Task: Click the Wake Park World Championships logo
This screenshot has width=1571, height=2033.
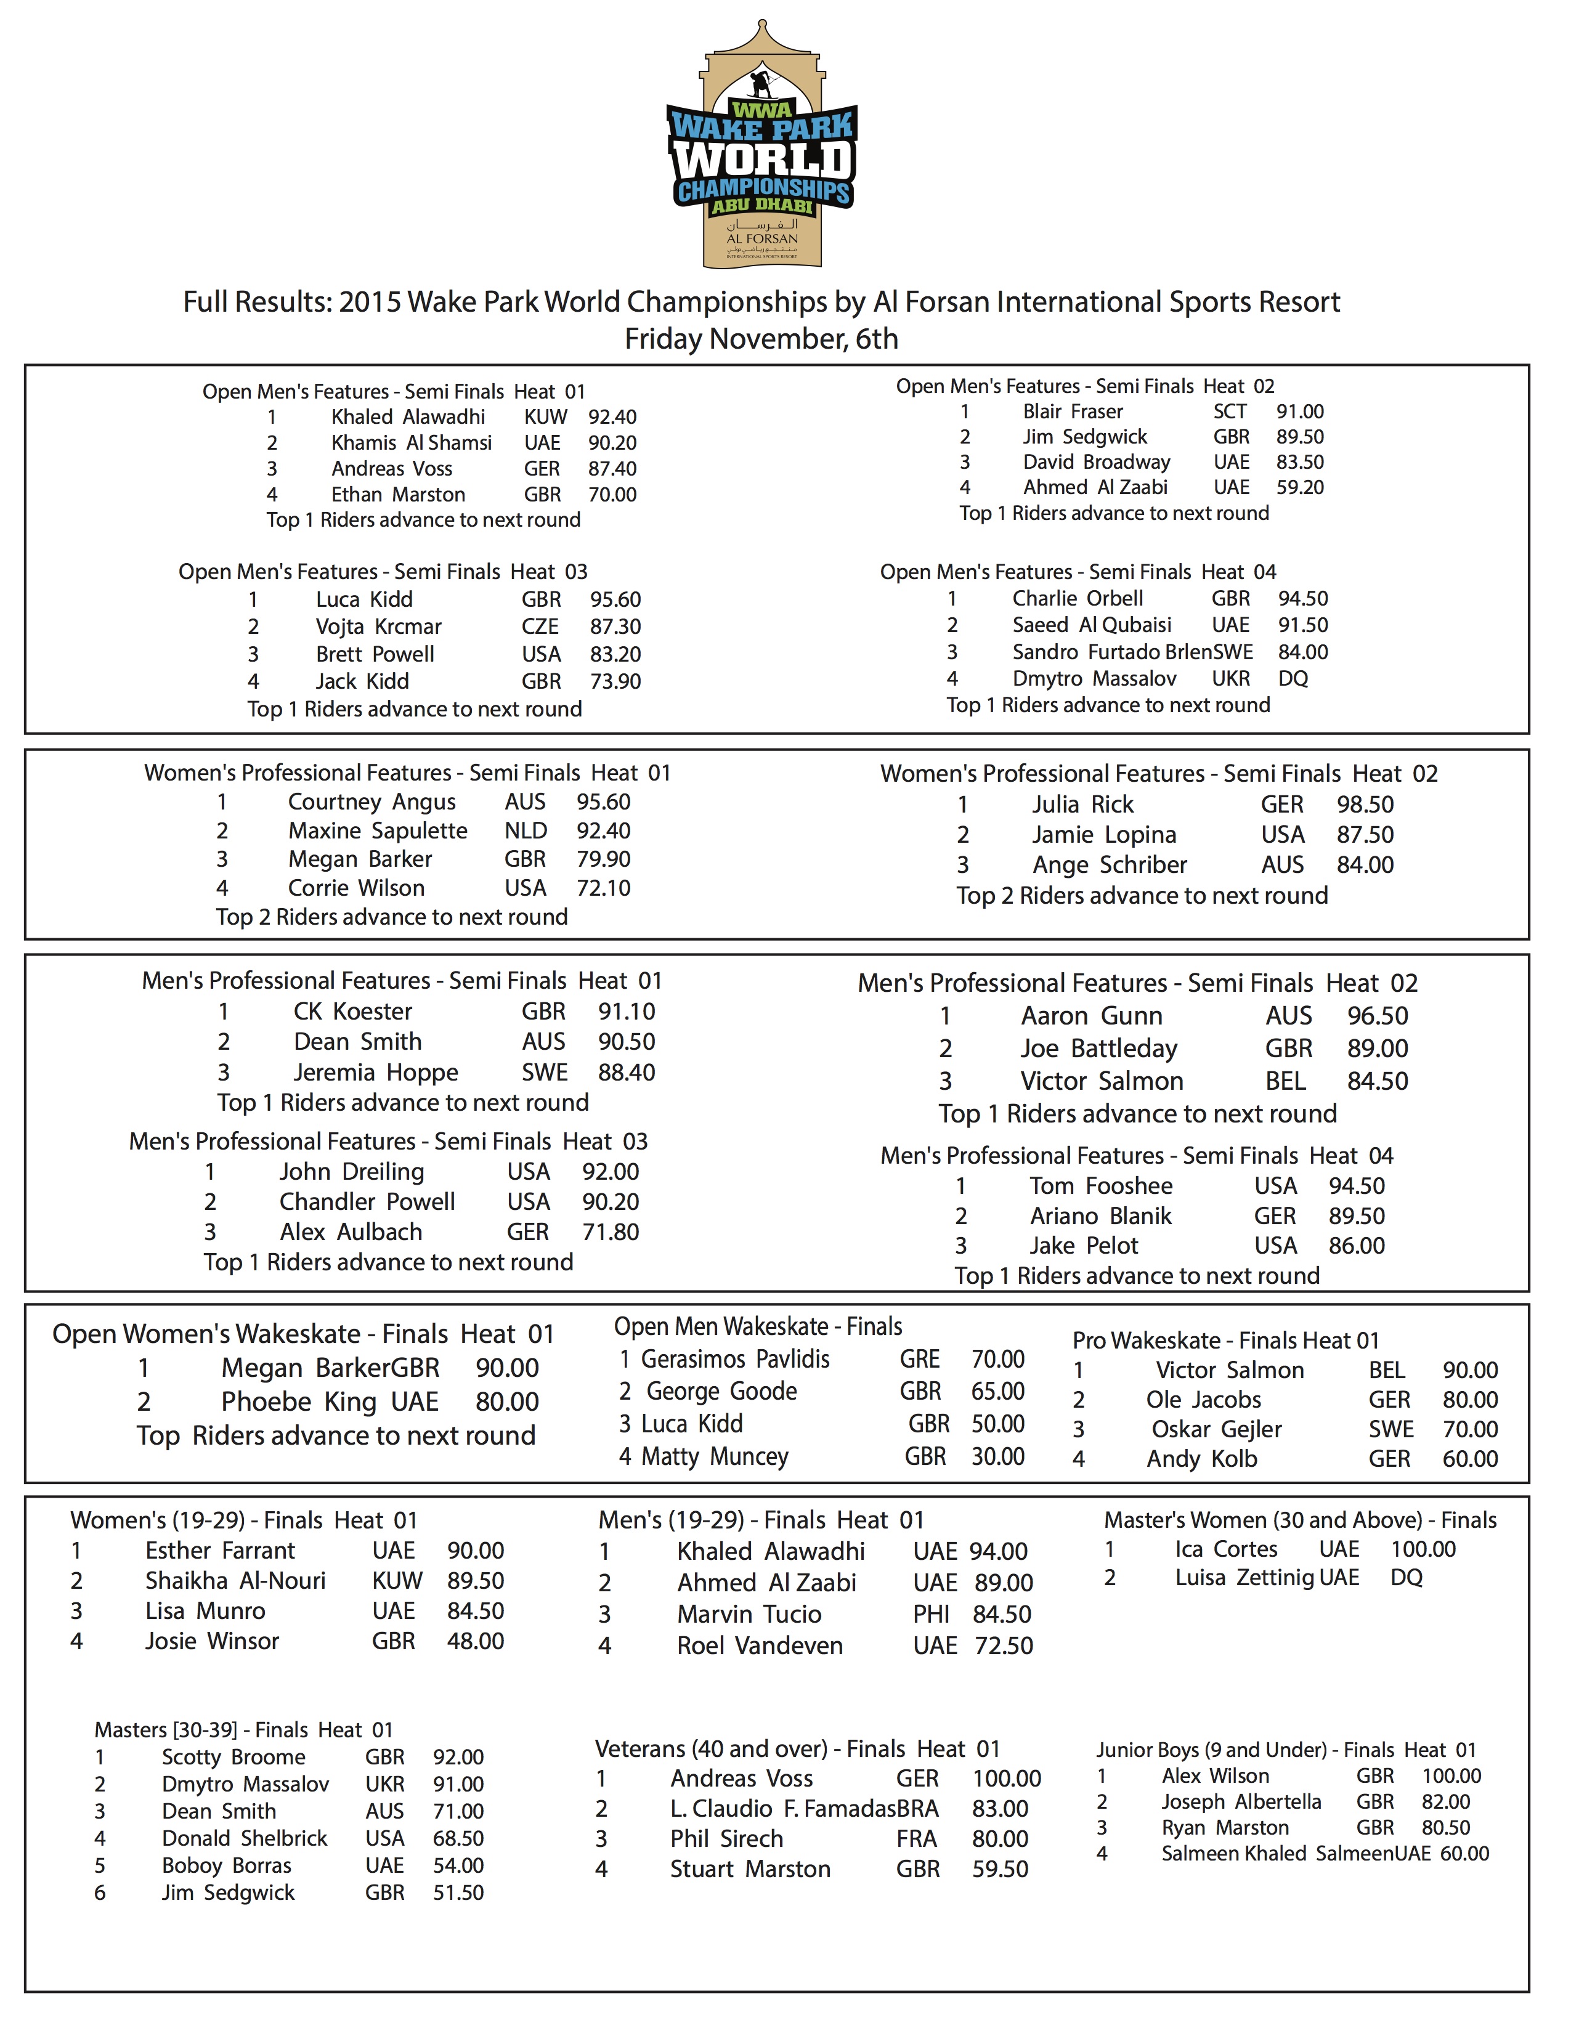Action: coord(761,144)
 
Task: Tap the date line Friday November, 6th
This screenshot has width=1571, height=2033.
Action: coord(761,339)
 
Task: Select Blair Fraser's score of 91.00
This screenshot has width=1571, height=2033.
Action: coord(1299,412)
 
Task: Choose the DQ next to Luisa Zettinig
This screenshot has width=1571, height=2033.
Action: coord(1407,1577)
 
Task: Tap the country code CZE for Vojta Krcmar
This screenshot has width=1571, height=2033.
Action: coord(540,627)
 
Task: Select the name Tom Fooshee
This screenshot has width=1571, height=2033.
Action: coord(1100,1186)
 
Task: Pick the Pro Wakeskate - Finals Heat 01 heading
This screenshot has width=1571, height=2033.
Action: coord(1225,1341)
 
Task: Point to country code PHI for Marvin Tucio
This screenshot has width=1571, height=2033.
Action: coord(931,1614)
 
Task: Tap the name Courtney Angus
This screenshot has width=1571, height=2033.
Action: coord(371,801)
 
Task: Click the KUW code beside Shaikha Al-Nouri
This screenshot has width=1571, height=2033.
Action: coord(397,1581)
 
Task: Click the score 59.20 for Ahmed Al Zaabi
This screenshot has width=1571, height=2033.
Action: coord(1299,487)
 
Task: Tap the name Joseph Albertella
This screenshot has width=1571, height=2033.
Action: coord(1241,1801)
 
